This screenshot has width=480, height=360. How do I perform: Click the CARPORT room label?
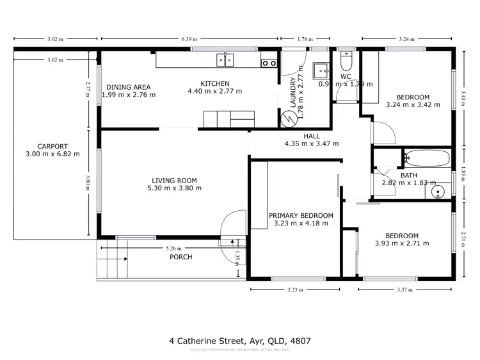tap(52, 146)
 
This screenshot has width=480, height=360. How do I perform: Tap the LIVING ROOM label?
tap(174, 180)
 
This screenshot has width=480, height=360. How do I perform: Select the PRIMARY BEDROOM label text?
tap(301, 215)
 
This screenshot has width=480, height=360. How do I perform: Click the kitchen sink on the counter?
tap(225, 60)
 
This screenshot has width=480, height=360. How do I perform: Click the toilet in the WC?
tap(346, 62)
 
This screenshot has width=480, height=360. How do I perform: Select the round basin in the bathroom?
tap(438, 191)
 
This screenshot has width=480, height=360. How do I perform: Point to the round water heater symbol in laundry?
tap(289, 118)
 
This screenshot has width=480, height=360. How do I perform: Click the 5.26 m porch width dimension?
tap(173, 249)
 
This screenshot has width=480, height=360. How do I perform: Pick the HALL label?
tap(312, 136)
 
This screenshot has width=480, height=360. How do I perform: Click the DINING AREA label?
tap(129, 87)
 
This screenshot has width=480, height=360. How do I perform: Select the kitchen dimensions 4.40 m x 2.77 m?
tap(214, 91)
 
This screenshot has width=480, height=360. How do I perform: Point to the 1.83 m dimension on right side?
tap(463, 171)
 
